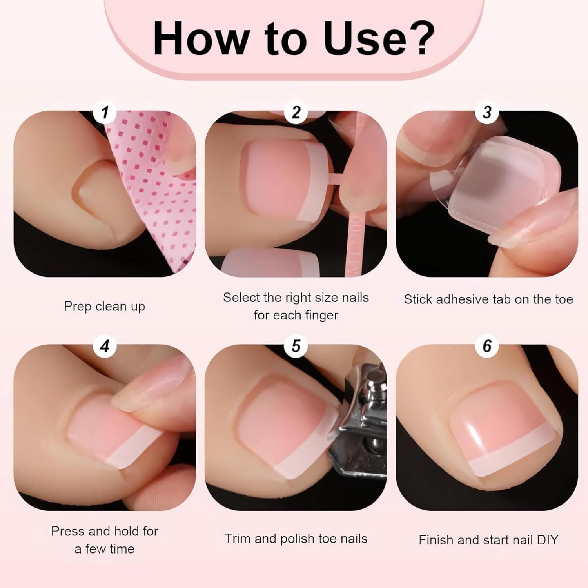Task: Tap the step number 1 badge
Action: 105,113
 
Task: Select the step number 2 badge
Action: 296,113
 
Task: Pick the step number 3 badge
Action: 487,113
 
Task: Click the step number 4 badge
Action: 105,346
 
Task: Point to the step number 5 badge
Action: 296,346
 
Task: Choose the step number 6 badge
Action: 487,346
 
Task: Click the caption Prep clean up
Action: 104,306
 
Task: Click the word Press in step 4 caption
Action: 68,531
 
